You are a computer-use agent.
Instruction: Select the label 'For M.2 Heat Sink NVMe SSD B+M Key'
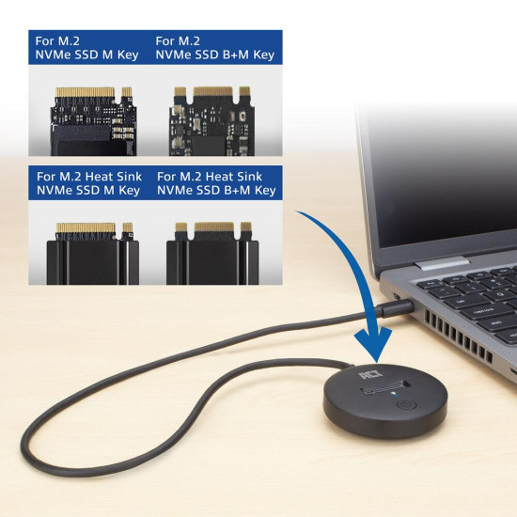coord(216,183)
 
